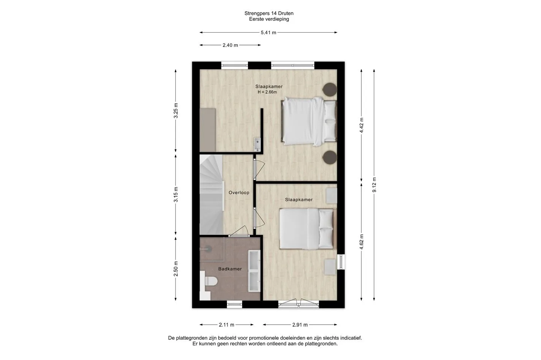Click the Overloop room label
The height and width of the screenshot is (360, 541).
click(x=239, y=193)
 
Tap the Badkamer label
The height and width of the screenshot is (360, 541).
click(x=230, y=269)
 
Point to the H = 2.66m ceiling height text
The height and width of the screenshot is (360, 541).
click(x=267, y=92)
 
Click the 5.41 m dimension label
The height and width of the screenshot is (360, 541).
click(x=268, y=33)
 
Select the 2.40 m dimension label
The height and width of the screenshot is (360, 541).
click(x=230, y=45)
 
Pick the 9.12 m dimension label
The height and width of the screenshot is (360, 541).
click(x=374, y=185)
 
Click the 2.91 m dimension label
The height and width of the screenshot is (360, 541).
click(x=300, y=325)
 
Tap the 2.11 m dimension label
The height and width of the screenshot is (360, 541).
click(x=227, y=325)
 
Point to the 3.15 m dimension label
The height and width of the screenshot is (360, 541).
click(x=176, y=194)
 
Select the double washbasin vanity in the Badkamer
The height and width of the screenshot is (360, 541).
click(x=254, y=271)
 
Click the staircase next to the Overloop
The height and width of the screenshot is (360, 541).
click(x=212, y=194)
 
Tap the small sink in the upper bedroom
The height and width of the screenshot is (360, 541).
click(x=257, y=144)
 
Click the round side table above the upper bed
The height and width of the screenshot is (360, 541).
click(x=330, y=89)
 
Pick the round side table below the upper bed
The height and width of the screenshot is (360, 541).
click(x=330, y=158)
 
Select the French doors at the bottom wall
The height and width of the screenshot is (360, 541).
click(x=299, y=304)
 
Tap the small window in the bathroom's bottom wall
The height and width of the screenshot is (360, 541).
click(x=234, y=304)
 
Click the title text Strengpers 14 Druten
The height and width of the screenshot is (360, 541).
click(x=269, y=14)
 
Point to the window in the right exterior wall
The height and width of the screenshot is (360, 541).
click(x=341, y=262)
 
